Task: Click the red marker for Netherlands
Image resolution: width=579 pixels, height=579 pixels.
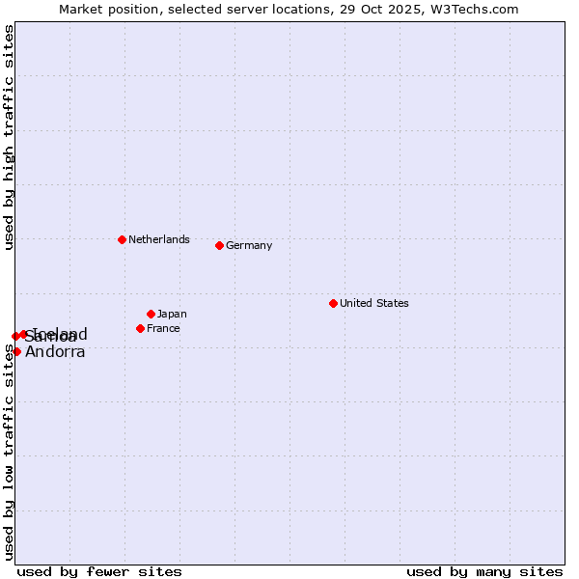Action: [122, 239]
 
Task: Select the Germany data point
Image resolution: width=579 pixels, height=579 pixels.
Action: [219, 245]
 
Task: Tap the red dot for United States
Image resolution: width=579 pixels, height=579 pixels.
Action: [333, 303]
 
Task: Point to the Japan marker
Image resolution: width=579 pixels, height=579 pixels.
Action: [151, 314]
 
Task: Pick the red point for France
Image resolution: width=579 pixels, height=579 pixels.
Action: [140, 328]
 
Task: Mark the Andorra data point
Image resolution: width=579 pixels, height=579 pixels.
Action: [16, 351]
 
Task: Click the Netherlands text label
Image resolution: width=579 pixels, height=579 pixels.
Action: [159, 239]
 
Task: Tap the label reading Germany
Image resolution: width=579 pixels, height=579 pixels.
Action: [249, 245]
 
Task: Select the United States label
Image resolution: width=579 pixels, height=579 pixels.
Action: [374, 303]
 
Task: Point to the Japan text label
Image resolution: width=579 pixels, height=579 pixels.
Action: [172, 314]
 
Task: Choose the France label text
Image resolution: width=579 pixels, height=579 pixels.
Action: [163, 328]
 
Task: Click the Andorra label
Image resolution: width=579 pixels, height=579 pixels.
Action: [55, 352]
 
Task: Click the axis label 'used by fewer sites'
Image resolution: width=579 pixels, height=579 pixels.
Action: [99, 571]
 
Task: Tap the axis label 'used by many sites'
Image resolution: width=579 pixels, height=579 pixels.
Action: [484, 571]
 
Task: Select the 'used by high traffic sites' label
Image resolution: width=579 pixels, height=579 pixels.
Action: [9, 137]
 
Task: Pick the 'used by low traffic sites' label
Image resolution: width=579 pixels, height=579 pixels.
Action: [9, 452]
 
